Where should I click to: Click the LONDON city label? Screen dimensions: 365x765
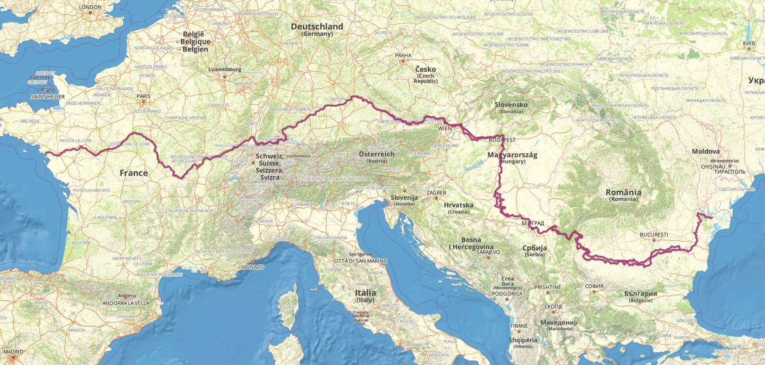90,7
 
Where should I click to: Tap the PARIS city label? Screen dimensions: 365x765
144,96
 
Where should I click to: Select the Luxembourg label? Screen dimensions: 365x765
225,69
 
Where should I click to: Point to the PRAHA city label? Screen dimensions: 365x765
403,55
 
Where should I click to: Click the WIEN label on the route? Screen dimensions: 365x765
445,128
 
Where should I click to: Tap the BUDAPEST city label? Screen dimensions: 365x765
502,140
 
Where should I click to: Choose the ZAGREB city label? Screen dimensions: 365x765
436,193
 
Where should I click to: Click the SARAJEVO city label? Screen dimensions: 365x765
488,252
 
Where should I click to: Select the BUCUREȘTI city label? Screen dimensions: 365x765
654,235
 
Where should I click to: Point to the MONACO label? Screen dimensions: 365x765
253,267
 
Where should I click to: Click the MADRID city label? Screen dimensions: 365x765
13,352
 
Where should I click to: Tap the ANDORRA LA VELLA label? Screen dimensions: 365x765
126,303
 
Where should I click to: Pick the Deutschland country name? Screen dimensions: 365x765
317,26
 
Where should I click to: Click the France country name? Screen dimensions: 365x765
134,173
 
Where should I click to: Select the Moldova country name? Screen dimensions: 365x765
705,151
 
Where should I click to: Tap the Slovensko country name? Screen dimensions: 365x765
511,104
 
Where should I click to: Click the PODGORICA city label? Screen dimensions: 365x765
507,293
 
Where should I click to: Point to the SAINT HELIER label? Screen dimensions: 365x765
48,96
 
